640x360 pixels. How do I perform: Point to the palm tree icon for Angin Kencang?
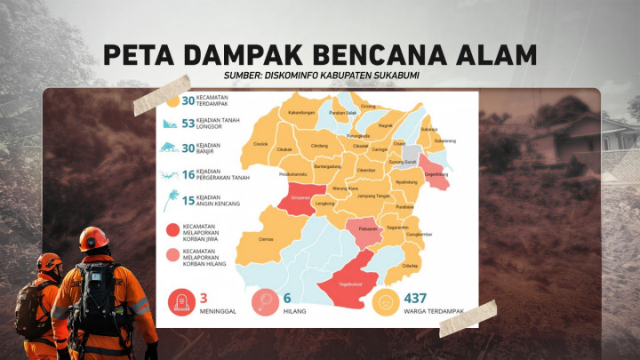170,199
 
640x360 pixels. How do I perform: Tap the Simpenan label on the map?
296,201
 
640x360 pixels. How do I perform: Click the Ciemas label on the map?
266,238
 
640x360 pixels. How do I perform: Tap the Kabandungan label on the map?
302,114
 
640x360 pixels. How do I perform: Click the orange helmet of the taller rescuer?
92,238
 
